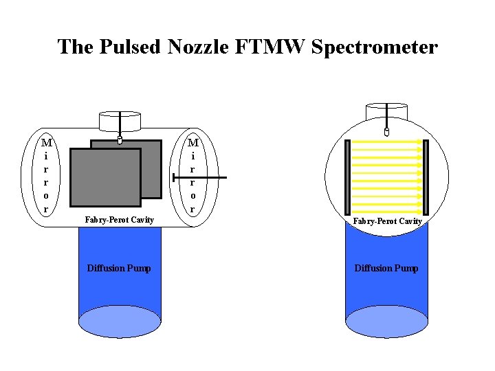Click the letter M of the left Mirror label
(x=46, y=144)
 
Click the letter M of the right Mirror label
(x=193, y=144)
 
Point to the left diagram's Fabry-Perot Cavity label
(x=119, y=219)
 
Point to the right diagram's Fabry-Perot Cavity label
(x=387, y=221)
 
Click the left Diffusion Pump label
(x=119, y=268)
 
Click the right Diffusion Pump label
(x=386, y=268)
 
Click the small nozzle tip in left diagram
(x=120, y=141)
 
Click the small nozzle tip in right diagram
(x=386, y=131)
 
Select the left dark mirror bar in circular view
(x=348, y=177)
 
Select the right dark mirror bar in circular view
(x=426, y=177)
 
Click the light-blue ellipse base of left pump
(x=120, y=322)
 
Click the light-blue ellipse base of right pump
(x=386, y=322)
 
